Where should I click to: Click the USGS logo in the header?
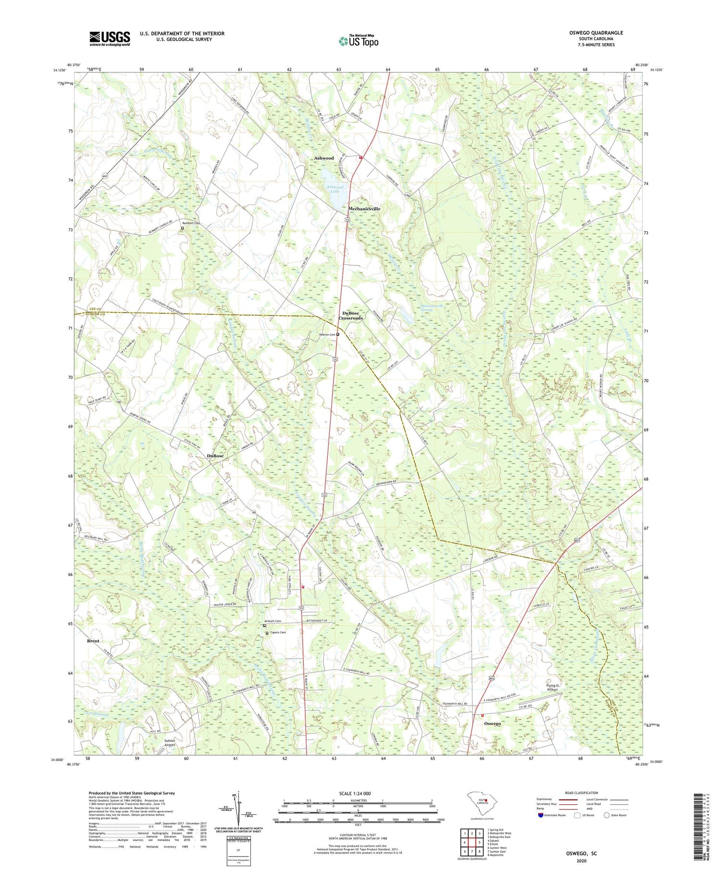click(110, 39)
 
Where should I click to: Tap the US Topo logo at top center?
click(358, 41)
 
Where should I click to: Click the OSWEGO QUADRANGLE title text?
click(596, 33)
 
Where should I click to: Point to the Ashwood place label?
click(323, 158)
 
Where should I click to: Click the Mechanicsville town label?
click(364, 209)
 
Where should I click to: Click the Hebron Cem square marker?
click(338, 334)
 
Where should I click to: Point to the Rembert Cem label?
click(191, 223)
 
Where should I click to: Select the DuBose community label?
click(215, 455)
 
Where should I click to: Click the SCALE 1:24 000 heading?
click(358, 793)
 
